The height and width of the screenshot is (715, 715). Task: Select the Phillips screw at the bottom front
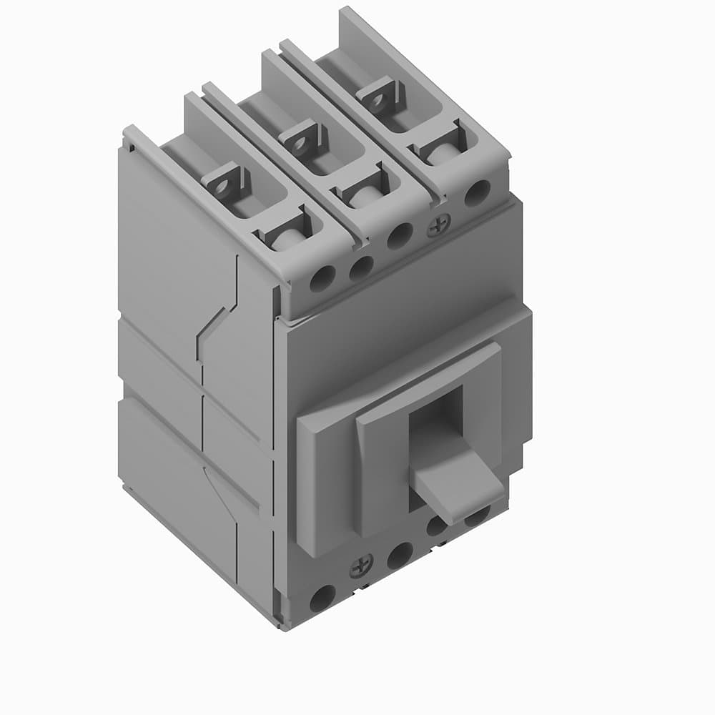[x=360, y=569]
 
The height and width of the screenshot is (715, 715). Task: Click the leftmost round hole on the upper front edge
[x=322, y=279]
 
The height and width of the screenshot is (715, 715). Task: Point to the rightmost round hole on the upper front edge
[x=477, y=193]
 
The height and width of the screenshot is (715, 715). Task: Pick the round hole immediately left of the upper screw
[x=399, y=237]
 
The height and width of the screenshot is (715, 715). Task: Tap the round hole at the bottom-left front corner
[x=322, y=598]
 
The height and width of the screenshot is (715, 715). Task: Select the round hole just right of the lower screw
[x=400, y=554]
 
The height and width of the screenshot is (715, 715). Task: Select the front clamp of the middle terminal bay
[x=364, y=187]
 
